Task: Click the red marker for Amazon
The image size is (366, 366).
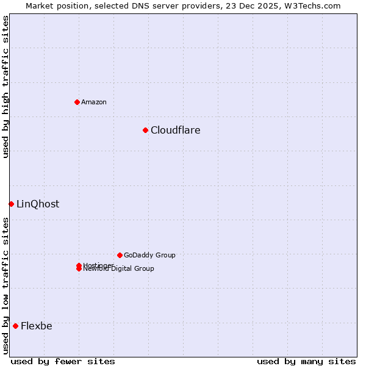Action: (77, 102)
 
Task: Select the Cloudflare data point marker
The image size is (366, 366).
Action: (145, 130)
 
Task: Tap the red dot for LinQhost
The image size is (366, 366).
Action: (11, 204)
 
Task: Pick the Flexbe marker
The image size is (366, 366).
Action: (15, 326)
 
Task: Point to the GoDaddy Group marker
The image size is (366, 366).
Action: (120, 255)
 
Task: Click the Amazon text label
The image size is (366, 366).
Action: (94, 102)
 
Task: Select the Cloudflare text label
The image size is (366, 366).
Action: (175, 130)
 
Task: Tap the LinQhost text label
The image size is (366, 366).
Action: (38, 204)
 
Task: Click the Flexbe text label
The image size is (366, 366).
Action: (37, 326)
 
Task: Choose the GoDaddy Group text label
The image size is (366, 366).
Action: (149, 255)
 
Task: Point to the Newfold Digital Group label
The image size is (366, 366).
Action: (119, 269)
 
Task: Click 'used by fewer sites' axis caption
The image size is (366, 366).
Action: (63, 361)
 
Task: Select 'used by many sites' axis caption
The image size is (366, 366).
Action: (306, 361)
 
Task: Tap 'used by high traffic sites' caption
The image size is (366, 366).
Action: (6, 87)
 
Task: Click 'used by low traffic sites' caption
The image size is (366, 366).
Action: (6, 285)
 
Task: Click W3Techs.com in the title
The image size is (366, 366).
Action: (310, 5)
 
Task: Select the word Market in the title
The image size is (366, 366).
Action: (40, 5)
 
